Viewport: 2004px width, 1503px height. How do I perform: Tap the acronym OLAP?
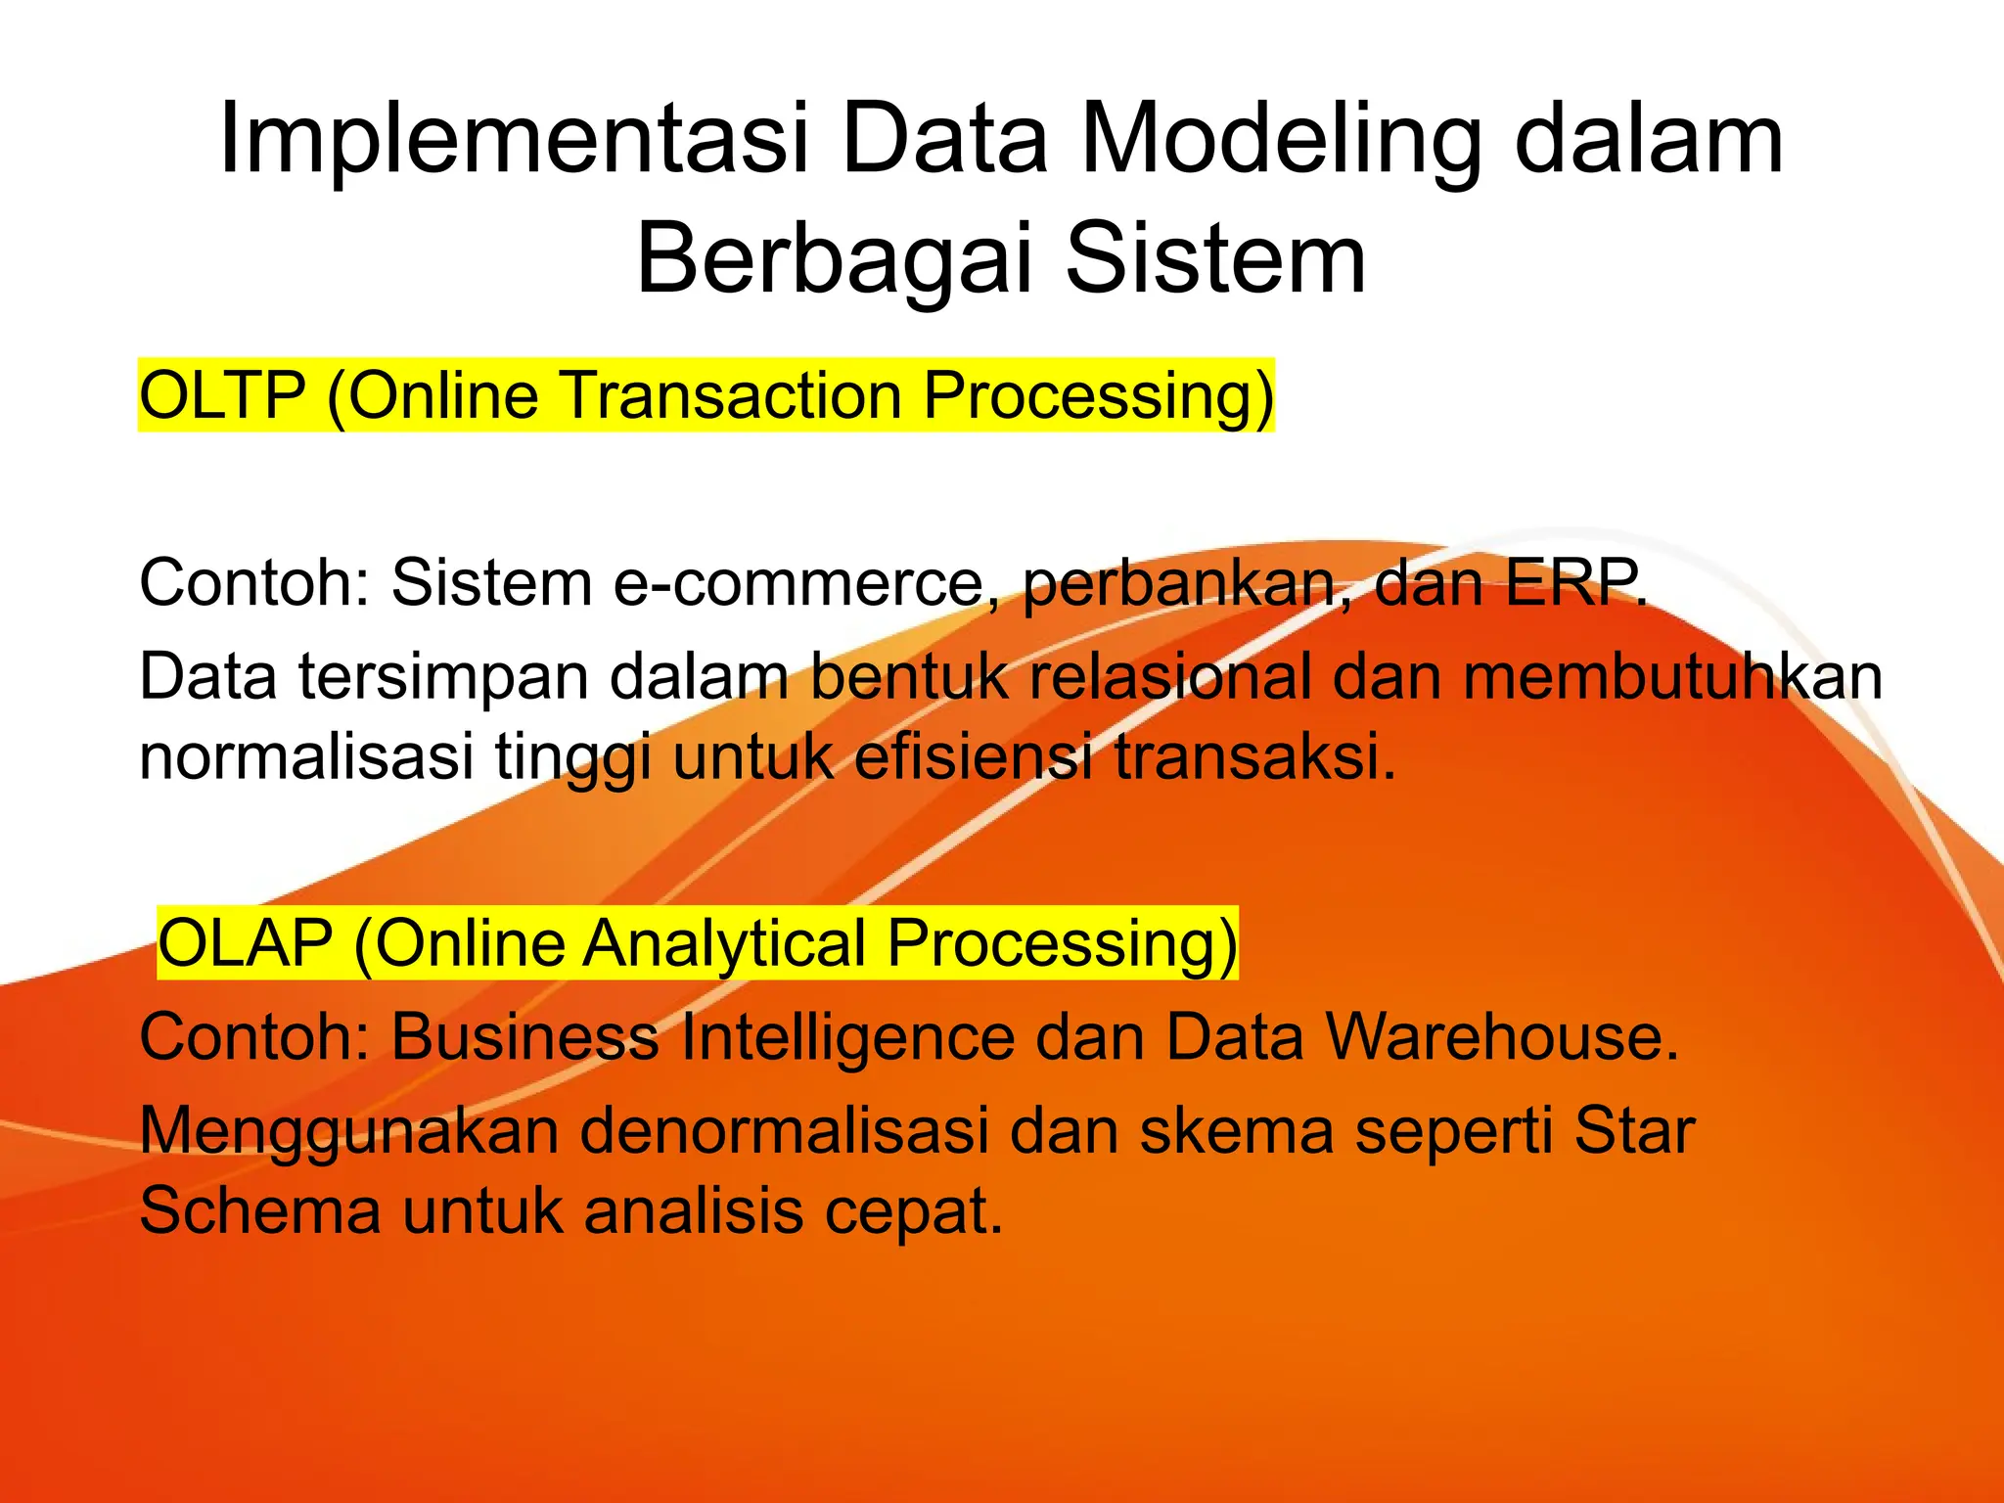click(246, 943)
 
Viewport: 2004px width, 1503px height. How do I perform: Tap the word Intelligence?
click(847, 1037)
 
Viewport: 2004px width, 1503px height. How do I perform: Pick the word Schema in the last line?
click(259, 1211)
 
